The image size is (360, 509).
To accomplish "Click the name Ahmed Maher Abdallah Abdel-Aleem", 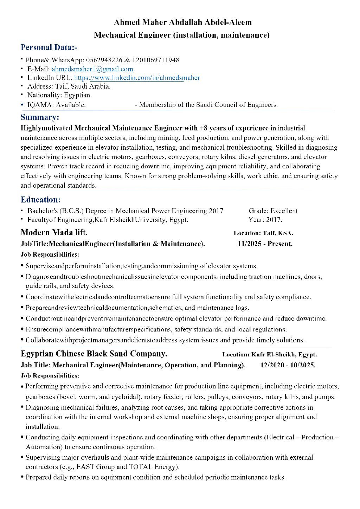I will point(182,22).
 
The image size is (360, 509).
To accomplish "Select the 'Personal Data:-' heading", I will point(49,47).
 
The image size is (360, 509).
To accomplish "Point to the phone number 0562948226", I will point(104,60).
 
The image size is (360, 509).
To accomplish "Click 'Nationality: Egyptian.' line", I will point(59,95).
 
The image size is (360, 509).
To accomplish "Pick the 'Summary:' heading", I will point(40,117).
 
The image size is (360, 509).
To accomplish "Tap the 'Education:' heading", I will point(40,200).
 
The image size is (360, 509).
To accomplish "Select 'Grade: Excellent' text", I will point(273,211).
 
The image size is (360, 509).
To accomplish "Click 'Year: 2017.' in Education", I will point(265,220).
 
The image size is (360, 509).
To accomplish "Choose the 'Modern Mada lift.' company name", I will point(54,232).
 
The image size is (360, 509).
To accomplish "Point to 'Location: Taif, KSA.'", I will point(263,233).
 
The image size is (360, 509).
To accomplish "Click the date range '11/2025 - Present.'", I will point(265,244).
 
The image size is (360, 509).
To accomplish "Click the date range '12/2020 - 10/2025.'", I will point(288,365).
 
